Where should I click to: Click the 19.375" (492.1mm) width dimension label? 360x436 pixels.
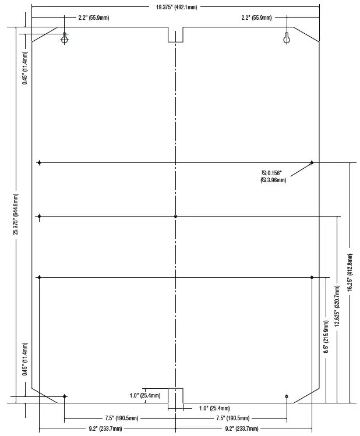coord(176,7)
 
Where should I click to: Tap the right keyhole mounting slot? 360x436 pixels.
coord(287,38)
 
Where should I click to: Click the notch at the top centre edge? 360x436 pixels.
coord(175,34)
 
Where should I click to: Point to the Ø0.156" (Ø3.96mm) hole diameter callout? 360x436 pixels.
coord(273,176)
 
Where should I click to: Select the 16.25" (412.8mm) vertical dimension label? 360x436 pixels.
coord(350,271)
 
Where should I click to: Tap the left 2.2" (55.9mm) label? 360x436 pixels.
coord(93,18)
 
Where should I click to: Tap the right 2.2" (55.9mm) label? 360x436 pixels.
coord(256,18)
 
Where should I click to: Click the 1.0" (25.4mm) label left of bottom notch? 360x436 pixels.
coord(145,396)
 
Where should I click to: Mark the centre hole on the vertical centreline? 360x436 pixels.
coord(175,217)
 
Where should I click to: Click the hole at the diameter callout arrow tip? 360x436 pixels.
coord(312,162)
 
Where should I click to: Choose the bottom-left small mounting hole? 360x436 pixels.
coord(65,396)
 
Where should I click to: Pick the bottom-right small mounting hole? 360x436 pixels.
coord(287,396)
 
